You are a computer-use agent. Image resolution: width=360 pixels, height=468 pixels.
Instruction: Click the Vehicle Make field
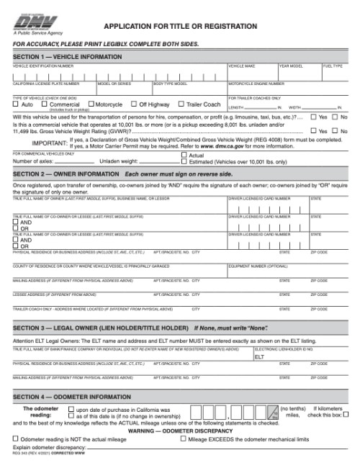point(252,75)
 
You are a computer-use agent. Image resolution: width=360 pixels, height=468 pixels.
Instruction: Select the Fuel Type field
point(335,75)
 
